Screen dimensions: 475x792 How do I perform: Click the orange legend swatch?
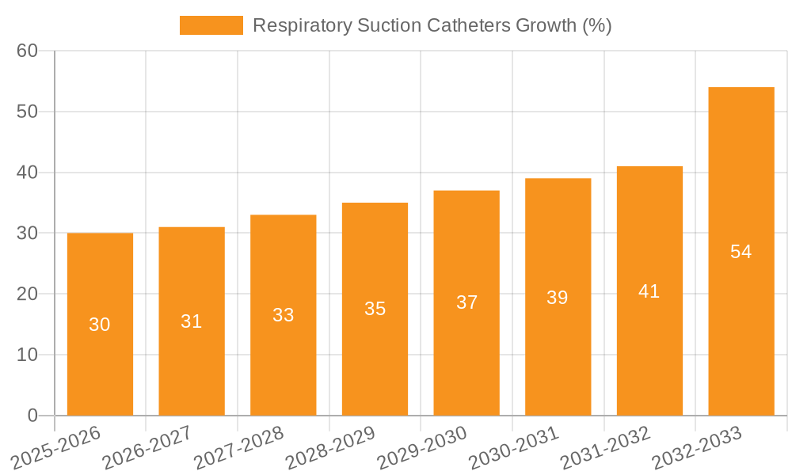(x=211, y=25)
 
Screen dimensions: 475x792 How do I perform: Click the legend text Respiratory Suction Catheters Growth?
(x=432, y=25)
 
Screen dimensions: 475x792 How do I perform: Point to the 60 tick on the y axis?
(x=28, y=51)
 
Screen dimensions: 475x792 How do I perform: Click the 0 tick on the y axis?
(x=32, y=416)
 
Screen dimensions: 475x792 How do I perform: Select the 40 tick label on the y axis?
(x=28, y=173)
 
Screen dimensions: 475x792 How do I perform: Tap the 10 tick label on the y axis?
(x=28, y=355)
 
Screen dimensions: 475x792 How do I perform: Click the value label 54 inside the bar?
(x=741, y=252)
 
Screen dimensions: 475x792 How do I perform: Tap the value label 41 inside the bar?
(x=649, y=291)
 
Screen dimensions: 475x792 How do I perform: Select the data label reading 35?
(x=375, y=309)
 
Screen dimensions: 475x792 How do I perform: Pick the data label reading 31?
(x=191, y=321)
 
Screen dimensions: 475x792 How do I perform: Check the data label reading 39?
(x=557, y=298)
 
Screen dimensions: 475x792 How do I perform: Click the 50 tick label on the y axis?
(x=28, y=112)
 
